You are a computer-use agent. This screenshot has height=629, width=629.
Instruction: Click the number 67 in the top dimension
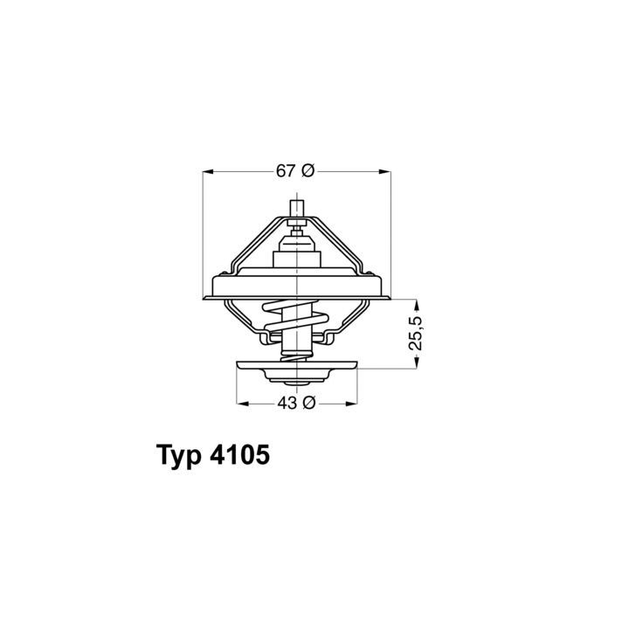point(287,172)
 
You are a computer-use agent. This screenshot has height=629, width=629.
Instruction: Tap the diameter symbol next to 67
point(307,172)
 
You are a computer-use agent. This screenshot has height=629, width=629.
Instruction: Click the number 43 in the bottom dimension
point(287,403)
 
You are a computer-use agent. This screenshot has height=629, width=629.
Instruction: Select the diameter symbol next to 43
point(308,403)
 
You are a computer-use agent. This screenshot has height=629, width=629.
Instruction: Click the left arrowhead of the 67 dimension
point(208,172)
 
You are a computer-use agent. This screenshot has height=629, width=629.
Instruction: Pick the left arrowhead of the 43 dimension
point(242,403)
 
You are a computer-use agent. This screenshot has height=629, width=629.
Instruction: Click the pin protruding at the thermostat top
point(297,210)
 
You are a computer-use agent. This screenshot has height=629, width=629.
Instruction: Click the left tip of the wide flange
point(203,298)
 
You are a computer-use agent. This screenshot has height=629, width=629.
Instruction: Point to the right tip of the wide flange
point(391,298)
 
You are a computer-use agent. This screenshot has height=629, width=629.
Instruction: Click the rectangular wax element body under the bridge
point(297,257)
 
